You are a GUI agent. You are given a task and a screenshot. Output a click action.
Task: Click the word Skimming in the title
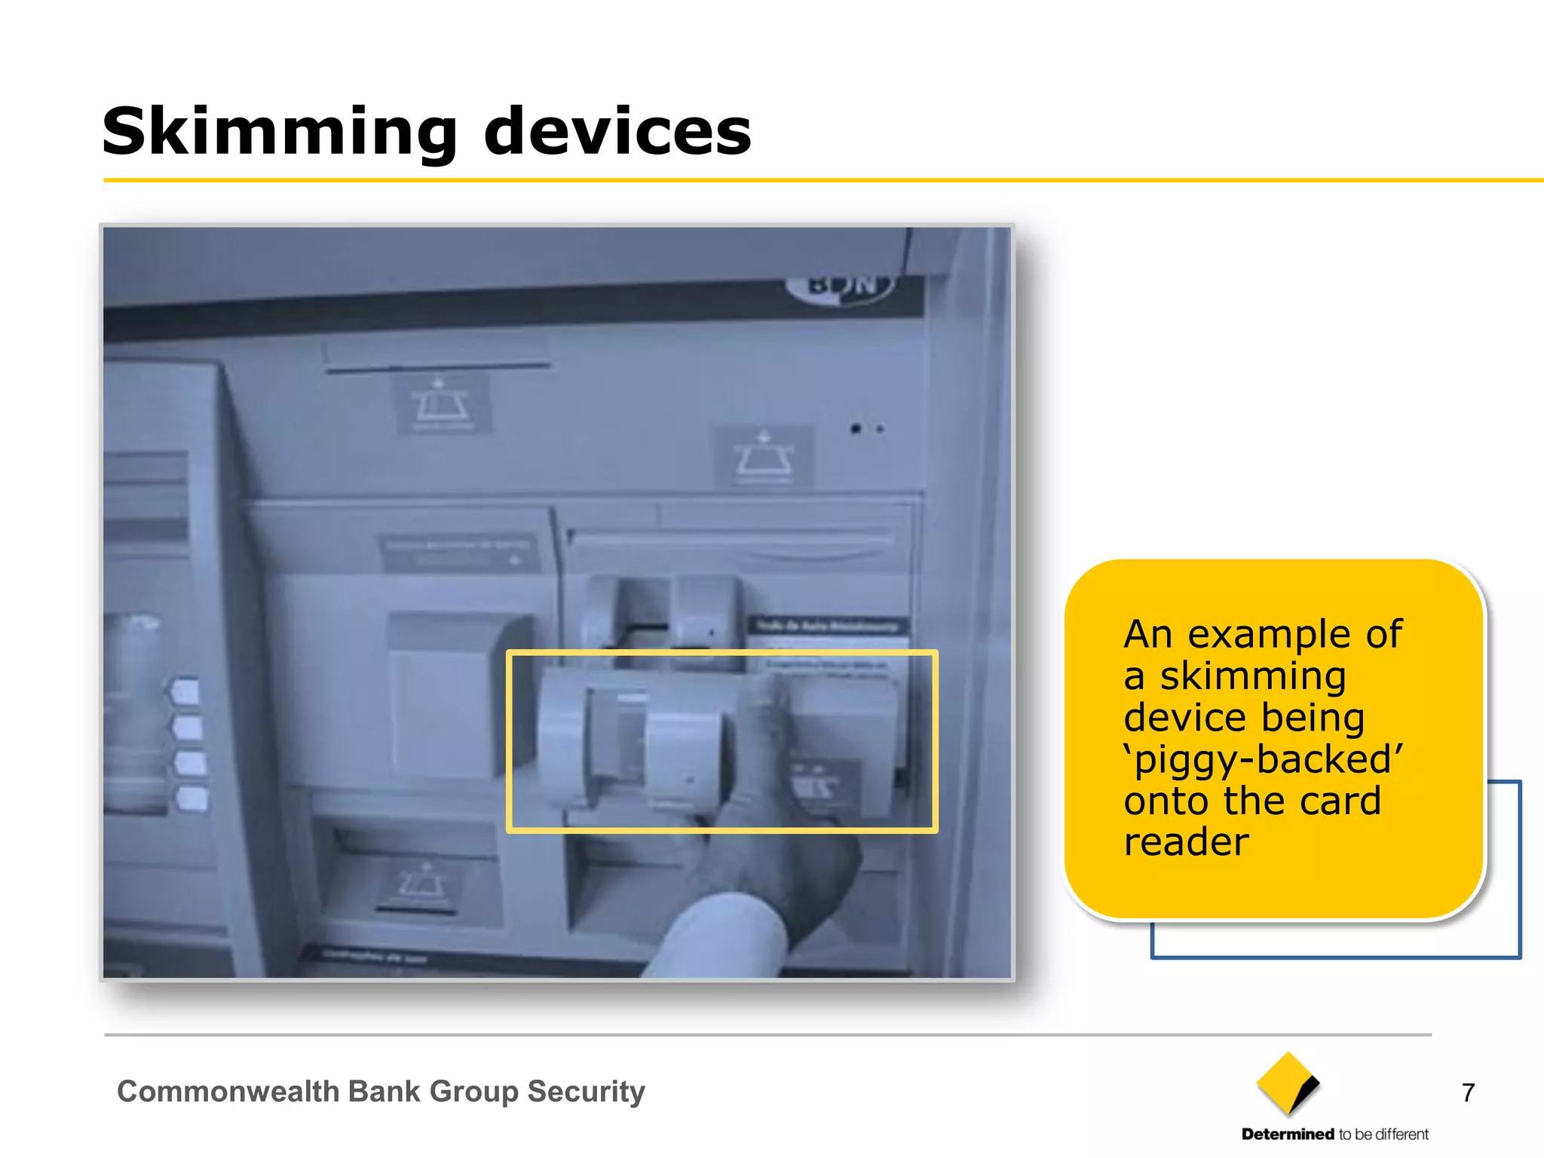(280, 133)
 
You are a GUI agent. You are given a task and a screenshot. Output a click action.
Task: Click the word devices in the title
(617, 133)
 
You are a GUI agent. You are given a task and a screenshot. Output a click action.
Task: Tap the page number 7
(1468, 1092)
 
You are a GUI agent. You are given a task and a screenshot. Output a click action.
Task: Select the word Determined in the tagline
(1288, 1134)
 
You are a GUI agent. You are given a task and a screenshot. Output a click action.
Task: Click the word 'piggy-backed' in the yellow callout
(1264, 759)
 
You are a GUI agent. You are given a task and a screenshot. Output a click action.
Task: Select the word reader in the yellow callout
(1186, 842)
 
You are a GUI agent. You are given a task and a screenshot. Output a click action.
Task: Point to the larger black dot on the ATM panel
(855, 429)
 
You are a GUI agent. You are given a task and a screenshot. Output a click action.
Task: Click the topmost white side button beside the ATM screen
(186, 691)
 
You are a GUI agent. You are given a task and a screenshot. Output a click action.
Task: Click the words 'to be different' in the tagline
(1383, 1134)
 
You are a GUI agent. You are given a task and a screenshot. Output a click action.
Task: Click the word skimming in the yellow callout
(1252, 676)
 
